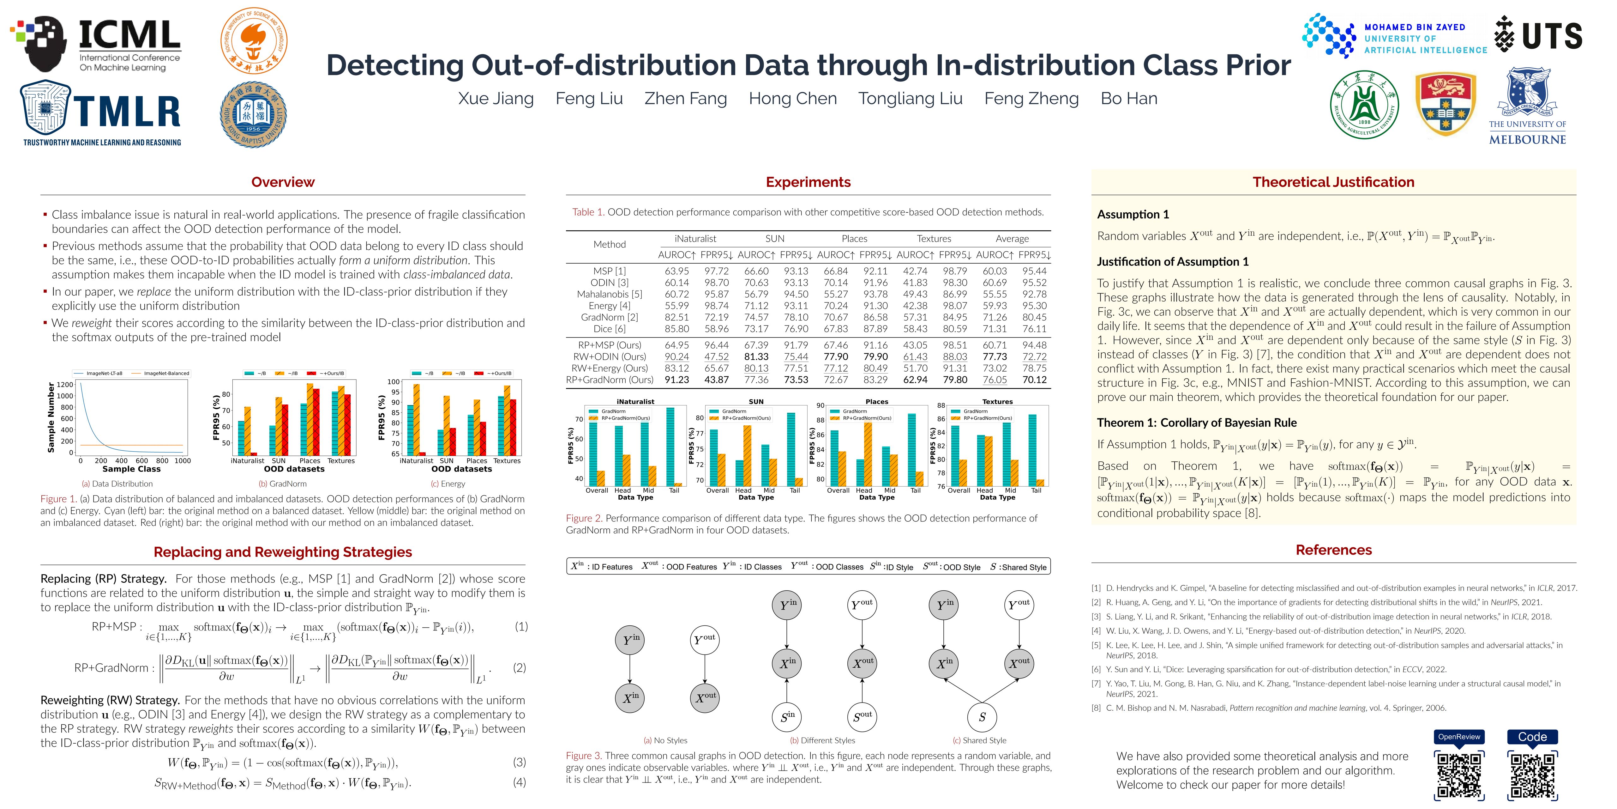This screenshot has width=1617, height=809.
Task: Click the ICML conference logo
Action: (97, 43)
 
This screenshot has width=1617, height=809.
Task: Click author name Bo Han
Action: (1129, 99)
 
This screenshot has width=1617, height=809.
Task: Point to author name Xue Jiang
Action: (496, 99)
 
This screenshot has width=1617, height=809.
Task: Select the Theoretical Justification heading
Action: (1333, 182)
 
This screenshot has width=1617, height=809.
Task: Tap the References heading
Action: (1333, 550)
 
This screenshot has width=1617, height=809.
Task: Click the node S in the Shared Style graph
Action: (983, 717)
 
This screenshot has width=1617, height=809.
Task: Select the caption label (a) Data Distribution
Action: (117, 484)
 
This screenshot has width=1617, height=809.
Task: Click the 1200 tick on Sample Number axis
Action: (65, 384)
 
